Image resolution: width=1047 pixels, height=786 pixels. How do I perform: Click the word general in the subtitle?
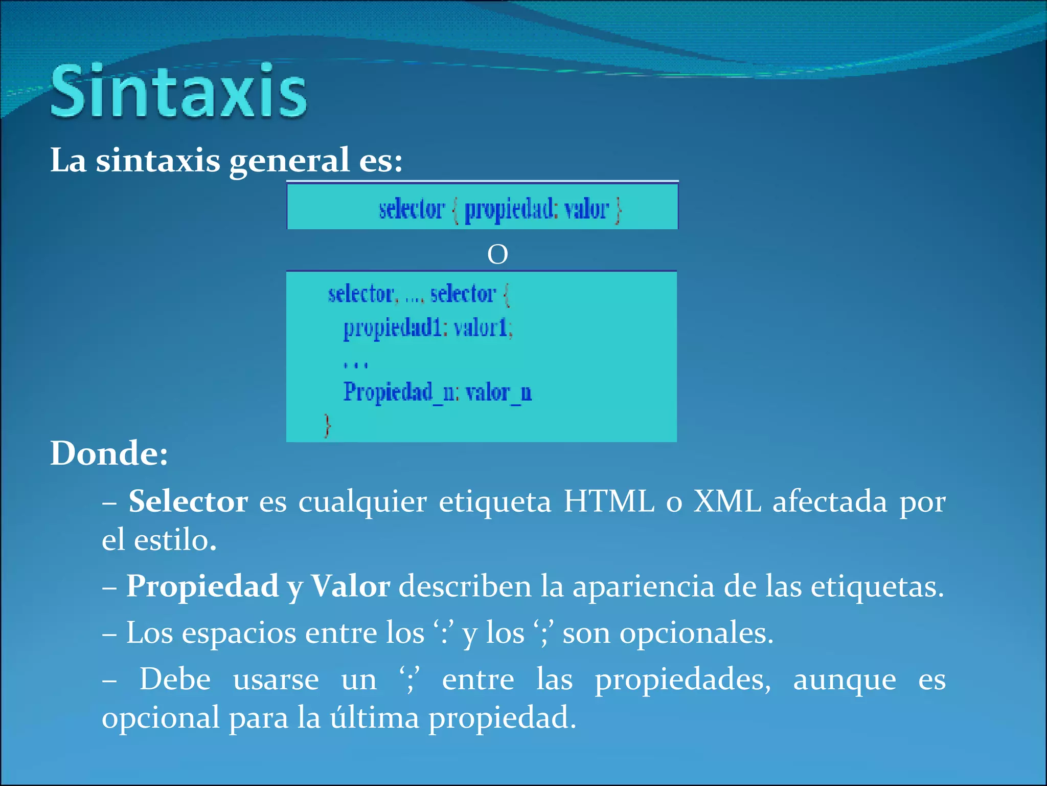tap(289, 161)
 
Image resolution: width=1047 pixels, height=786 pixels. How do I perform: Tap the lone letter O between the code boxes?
tap(497, 254)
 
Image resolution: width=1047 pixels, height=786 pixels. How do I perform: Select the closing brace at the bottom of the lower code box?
tap(328, 425)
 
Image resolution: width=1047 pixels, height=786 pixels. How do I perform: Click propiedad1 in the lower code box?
tap(392, 328)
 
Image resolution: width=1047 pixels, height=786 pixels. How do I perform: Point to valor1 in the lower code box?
tap(482, 327)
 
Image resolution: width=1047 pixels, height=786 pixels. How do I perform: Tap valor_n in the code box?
tap(498, 392)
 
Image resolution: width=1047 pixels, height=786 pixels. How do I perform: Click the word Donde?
tap(109, 453)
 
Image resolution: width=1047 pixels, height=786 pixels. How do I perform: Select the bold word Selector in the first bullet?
tap(188, 501)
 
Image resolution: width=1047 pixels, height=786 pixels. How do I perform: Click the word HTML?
tap(608, 501)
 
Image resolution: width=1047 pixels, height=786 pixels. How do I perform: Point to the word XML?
tap(727, 501)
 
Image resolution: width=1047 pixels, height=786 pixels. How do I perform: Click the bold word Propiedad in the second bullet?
tap(202, 586)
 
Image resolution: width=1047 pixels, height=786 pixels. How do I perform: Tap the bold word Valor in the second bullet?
tap(351, 586)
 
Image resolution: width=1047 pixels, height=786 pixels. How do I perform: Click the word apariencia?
tap(643, 586)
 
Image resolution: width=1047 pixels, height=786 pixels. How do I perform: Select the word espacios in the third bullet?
tap(239, 634)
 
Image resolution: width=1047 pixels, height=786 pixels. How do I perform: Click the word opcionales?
tap(696, 634)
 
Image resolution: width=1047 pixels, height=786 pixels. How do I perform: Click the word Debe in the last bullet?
tap(175, 680)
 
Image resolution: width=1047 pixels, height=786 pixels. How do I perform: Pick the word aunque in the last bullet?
tap(844, 681)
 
